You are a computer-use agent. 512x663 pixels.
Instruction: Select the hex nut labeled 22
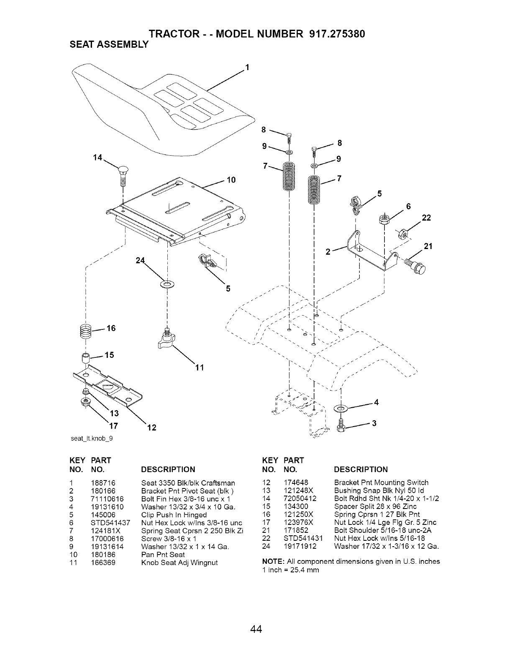coord(403,232)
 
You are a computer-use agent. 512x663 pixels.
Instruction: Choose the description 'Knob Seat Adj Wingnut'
coord(180,563)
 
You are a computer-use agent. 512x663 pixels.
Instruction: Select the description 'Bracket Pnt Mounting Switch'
coord(381,483)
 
